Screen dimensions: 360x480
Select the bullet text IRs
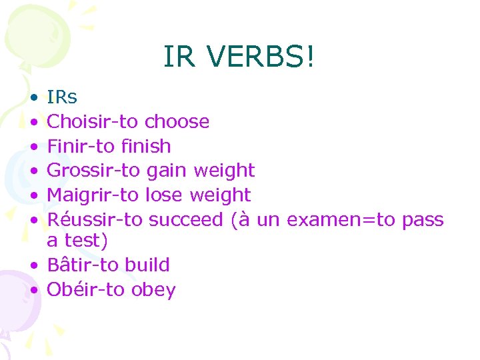point(62,97)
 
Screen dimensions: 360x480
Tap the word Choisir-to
point(93,121)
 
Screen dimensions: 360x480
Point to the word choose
point(177,121)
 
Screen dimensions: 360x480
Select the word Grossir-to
point(93,170)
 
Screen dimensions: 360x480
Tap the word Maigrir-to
point(93,195)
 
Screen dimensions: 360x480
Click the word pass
point(423,220)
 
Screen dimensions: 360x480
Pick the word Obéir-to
point(85,290)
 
